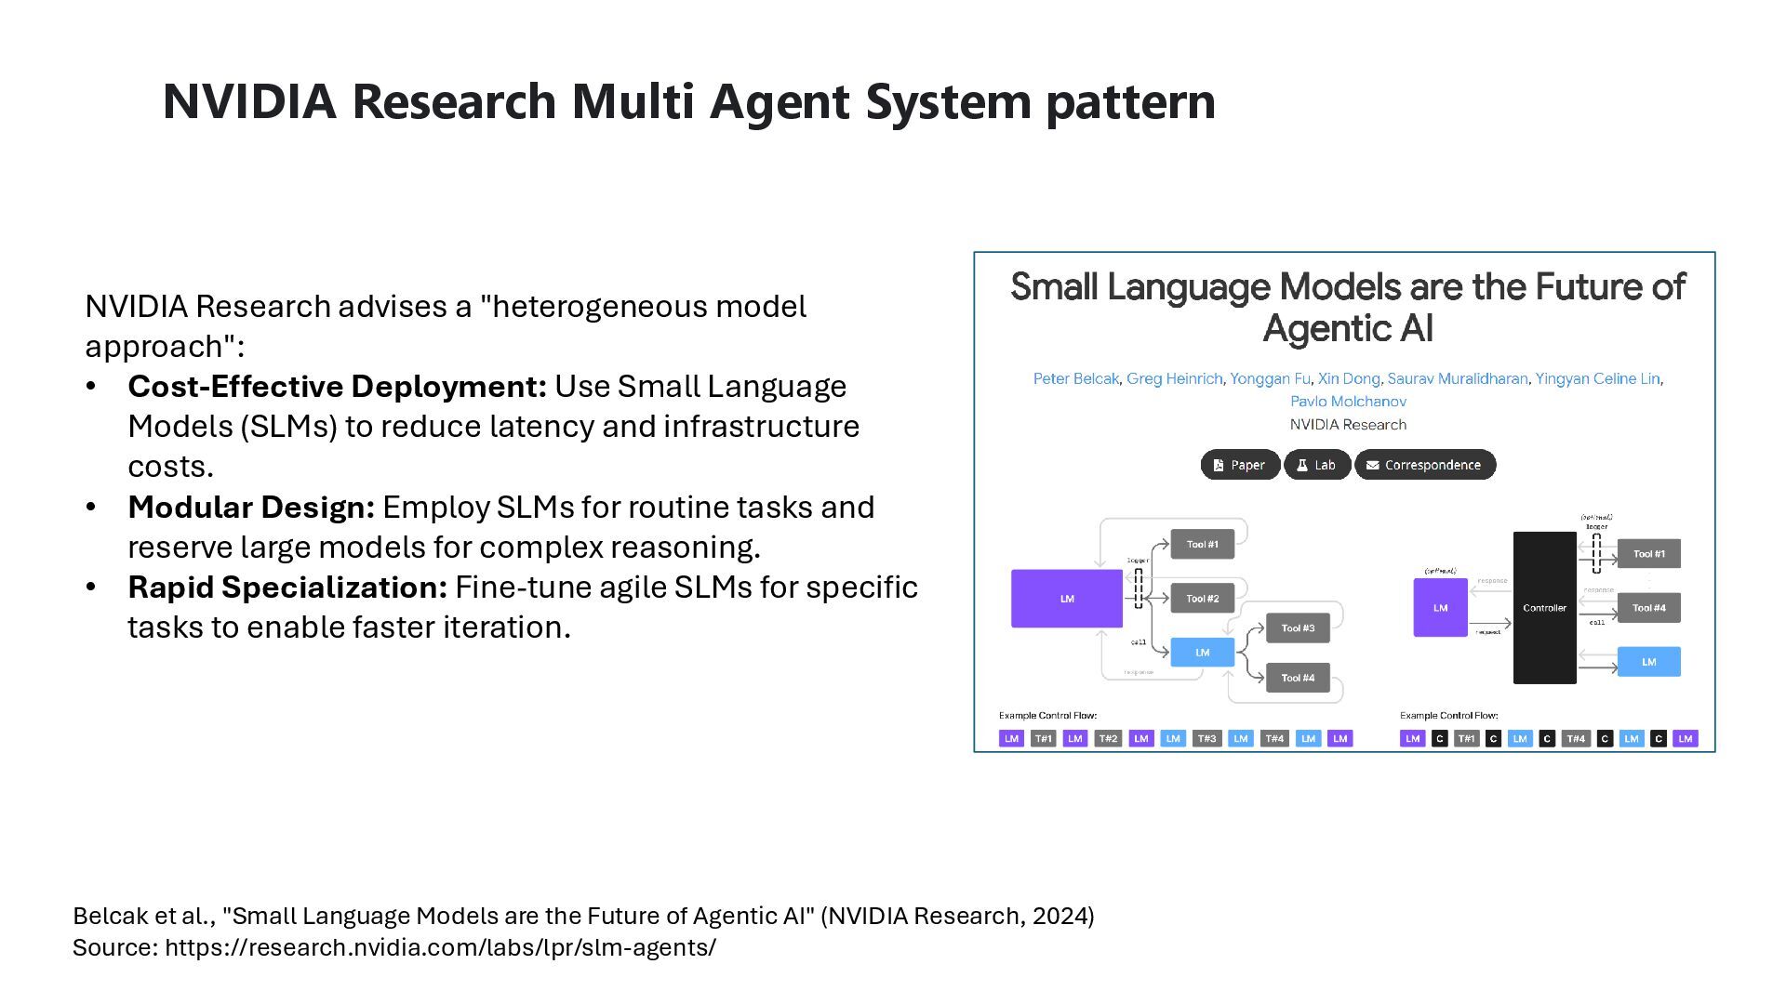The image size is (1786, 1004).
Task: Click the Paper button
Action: point(1240,465)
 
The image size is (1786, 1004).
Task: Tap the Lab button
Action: point(1317,465)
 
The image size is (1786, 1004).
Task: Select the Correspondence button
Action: point(1424,465)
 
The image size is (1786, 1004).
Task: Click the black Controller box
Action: point(1544,608)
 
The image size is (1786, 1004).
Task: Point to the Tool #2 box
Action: point(1202,599)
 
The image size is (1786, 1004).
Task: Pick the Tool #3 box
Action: point(1298,628)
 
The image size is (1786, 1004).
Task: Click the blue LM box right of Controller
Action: point(1648,662)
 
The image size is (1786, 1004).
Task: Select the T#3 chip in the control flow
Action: point(1206,738)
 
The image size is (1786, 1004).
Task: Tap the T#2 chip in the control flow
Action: point(1108,738)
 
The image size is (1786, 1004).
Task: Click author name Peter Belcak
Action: point(1075,378)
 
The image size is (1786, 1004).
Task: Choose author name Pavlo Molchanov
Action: point(1348,402)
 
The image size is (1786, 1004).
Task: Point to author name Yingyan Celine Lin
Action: point(1597,378)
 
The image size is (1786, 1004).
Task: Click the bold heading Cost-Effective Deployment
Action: point(337,387)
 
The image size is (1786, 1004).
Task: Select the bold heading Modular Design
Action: point(251,508)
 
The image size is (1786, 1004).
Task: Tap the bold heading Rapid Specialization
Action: point(287,588)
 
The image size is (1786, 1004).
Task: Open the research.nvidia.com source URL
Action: point(440,947)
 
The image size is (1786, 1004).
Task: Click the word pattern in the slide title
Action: point(1130,102)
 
